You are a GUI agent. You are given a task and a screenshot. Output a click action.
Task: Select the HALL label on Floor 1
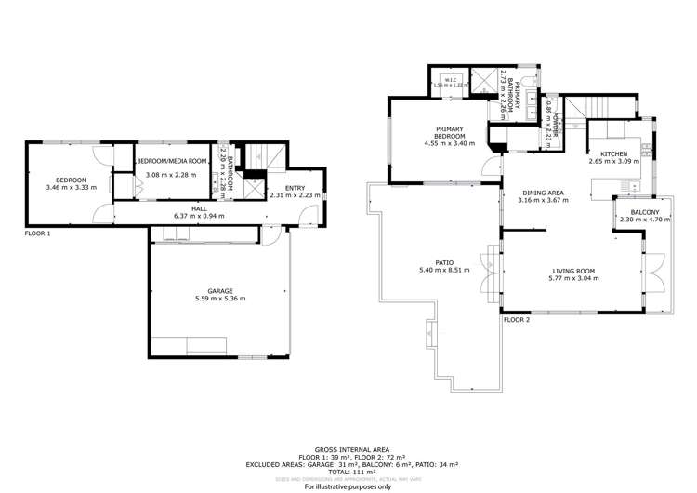click(x=199, y=208)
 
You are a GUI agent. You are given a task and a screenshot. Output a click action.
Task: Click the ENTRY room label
click(x=281, y=187)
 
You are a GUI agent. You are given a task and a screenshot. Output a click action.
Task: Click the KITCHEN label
click(x=613, y=153)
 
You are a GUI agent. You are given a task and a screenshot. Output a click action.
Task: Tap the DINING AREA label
click(x=542, y=193)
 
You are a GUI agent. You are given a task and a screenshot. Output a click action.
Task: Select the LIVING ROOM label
click(x=572, y=271)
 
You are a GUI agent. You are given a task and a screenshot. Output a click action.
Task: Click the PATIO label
click(x=444, y=262)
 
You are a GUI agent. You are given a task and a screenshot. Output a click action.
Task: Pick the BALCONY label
click(x=644, y=213)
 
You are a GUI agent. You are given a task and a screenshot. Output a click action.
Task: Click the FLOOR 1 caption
click(x=38, y=233)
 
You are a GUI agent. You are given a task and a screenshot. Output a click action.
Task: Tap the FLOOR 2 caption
click(x=516, y=319)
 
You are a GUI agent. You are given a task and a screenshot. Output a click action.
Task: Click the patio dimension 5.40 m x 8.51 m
click(x=444, y=271)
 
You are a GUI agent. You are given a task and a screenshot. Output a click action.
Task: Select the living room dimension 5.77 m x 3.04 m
click(x=572, y=279)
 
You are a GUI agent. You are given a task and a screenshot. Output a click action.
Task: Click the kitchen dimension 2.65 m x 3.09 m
click(x=613, y=162)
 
